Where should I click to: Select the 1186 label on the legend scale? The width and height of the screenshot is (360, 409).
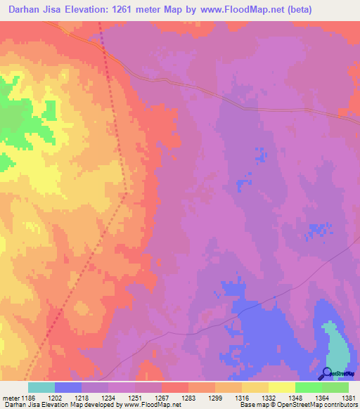[30, 398]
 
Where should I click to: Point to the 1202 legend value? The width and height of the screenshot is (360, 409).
[67, 398]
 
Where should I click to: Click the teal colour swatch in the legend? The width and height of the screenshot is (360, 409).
[41, 387]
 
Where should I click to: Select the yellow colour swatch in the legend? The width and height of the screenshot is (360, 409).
[281, 387]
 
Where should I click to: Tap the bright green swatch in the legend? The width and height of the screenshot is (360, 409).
[308, 387]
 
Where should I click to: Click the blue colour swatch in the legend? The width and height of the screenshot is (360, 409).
[67, 387]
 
